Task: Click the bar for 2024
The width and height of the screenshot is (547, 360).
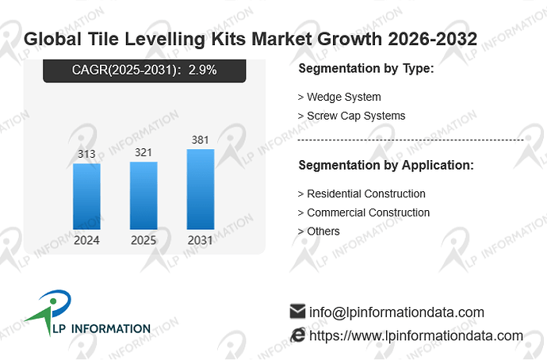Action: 86,197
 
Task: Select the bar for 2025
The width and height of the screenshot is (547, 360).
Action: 143,195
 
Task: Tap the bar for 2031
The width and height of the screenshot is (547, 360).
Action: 201,189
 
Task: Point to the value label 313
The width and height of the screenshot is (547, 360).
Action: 86,154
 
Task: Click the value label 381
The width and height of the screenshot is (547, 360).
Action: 201,140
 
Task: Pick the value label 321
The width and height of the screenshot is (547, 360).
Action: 143,152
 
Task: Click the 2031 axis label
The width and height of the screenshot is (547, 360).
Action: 201,240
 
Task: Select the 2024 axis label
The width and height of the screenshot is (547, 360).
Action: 86,240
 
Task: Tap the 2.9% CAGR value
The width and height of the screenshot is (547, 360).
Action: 203,70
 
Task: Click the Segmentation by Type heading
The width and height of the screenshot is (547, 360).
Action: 366,68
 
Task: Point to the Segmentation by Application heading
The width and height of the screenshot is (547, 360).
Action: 386,165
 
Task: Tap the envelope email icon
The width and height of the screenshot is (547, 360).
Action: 297,311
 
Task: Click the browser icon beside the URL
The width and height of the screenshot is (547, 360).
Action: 298,335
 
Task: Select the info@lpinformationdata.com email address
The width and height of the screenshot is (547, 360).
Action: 396,312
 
